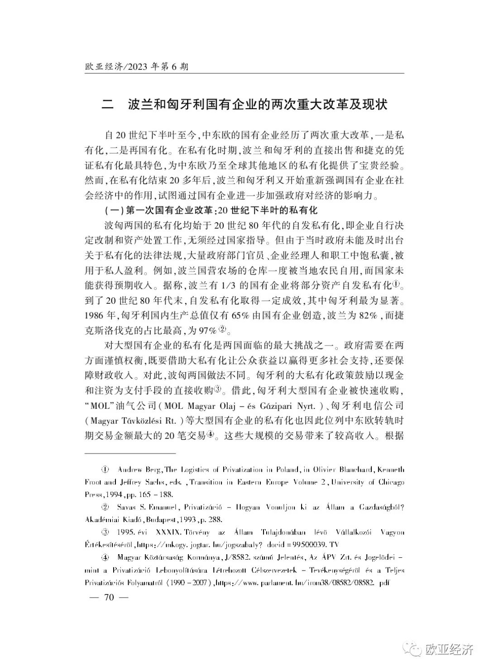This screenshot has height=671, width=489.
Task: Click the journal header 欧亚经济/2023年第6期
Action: pyautogui.click(x=136, y=67)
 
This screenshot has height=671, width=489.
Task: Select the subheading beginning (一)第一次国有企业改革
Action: pyautogui.click(x=211, y=211)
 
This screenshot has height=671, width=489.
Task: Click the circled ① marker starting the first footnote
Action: pyautogui.click(x=105, y=470)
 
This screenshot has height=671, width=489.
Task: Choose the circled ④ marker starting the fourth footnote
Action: pyautogui.click(x=105, y=556)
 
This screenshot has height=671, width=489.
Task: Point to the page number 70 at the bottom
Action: pyautogui.click(x=109, y=597)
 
